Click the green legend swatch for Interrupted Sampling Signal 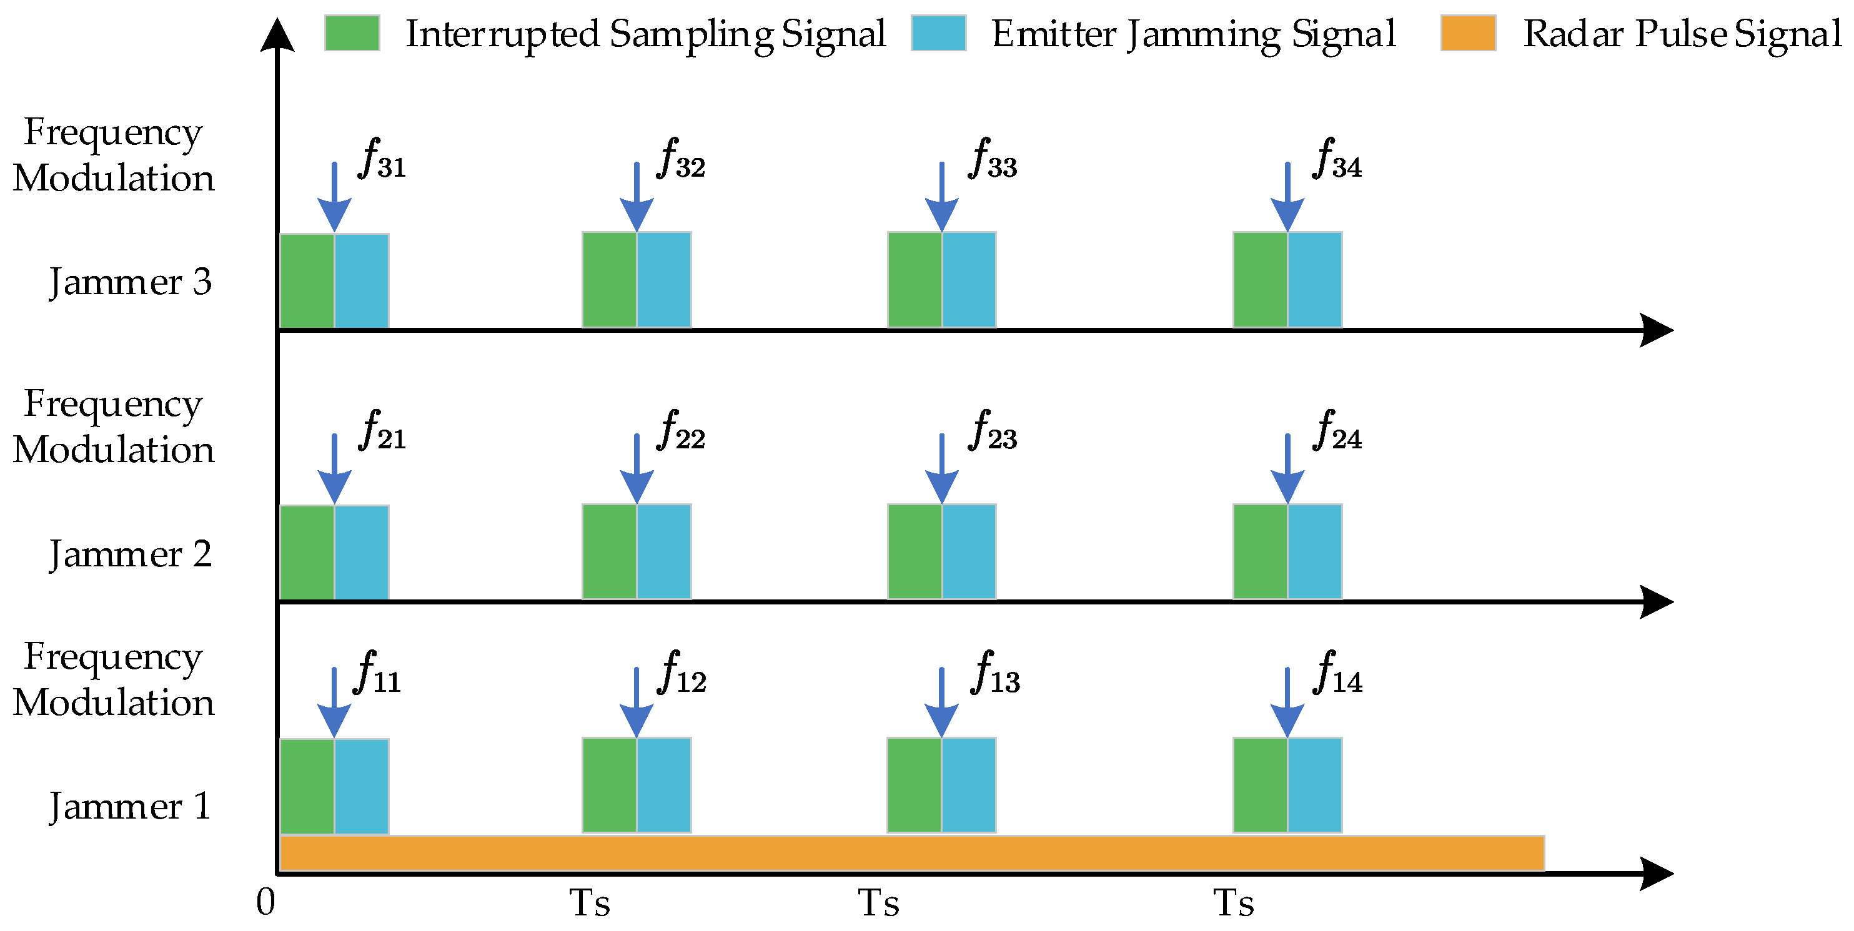(x=352, y=33)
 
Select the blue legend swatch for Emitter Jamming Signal (x=938, y=33)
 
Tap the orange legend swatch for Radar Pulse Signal (x=1467, y=33)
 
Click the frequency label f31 (x=382, y=158)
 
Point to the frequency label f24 (x=1338, y=430)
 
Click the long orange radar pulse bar (x=911, y=854)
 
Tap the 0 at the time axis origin (x=265, y=902)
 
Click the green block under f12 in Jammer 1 (x=609, y=785)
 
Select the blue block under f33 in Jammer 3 (x=969, y=280)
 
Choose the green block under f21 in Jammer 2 (x=307, y=553)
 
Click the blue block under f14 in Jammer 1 (x=1314, y=785)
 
